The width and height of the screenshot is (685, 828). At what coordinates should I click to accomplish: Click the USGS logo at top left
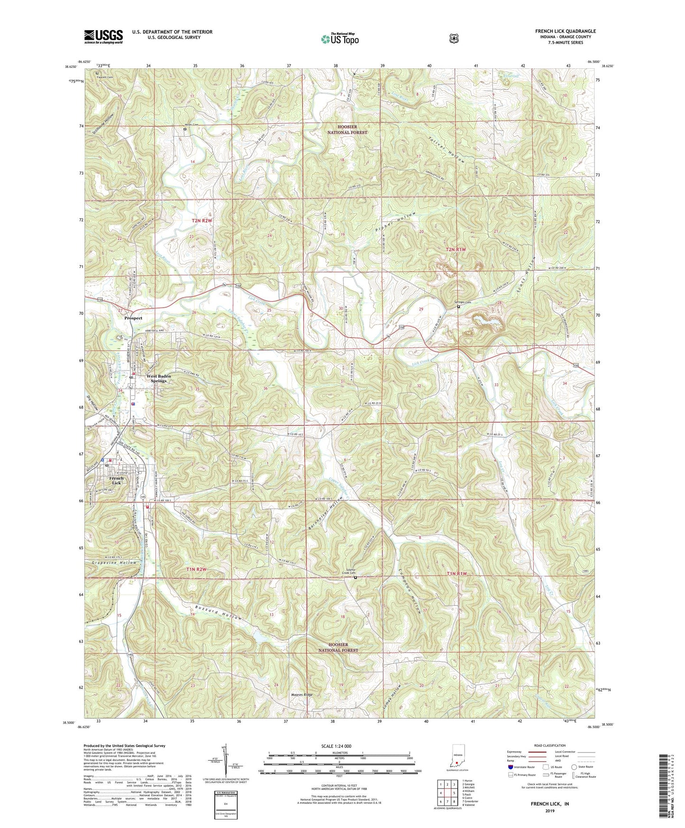(103, 37)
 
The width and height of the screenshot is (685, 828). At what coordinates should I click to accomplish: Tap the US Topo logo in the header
(339, 39)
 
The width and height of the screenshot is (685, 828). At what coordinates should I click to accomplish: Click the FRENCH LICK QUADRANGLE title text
(566, 31)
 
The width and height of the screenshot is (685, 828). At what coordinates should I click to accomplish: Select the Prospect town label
(133, 318)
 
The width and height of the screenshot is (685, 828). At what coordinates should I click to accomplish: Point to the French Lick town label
(116, 480)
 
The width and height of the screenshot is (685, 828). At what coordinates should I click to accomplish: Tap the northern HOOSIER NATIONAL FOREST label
(346, 129)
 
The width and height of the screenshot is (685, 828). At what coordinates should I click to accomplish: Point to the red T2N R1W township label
(456, 249)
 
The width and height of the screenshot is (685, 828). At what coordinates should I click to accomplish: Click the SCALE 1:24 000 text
(336, 746)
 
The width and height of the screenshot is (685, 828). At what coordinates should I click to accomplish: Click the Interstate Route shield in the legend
(510, 767)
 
